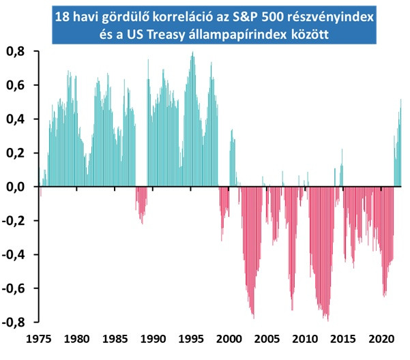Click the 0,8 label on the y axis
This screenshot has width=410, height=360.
click(x=16, y=52)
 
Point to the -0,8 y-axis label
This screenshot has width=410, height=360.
click(x=13, y=322)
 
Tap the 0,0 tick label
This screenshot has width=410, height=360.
click(x=16, y=187)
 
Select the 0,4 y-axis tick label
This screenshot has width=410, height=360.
click(x=16, y=119)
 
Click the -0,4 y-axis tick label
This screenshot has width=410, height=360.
click(x=13, y=255)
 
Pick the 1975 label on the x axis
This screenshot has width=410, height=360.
click(x=39, y=339)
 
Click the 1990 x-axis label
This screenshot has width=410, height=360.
click(x=153, y=339)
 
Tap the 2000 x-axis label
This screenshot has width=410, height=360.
click(x=229, y=339)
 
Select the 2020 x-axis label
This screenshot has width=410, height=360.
click(x=381, y=339)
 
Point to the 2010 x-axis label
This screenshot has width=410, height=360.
click(x=305, y=339)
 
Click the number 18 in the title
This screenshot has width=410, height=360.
click(x=62, y=17)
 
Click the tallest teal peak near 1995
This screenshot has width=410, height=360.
click(x=192, y=52)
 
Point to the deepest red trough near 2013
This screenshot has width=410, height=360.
click(x=328, y=321)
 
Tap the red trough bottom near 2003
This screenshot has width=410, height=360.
click(x=254, y=318)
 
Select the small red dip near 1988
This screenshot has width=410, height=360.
click(x=143, y=224)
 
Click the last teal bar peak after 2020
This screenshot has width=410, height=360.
click(x=401, y=100)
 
